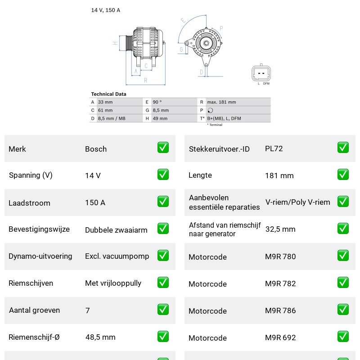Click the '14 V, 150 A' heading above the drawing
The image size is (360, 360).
[x=106, y=10]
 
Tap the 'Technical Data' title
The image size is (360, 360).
[x=108, y=94]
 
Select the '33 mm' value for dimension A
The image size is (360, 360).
[x=105, y=102]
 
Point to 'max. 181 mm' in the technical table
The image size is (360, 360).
[x=221, y=102]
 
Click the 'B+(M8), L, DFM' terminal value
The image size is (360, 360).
[x=224, y=118]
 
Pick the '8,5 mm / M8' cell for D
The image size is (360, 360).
[x=112, y=118]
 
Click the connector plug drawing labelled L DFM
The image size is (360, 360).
[x=261, y=73]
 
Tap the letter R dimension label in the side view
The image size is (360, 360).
[x=145, y=81]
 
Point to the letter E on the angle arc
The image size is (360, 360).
[x=183, y=20]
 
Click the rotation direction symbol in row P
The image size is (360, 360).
[x=210, y=110]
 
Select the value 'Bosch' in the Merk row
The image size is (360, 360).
[x=96, y=149]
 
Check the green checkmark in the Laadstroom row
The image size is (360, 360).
[x=163, y=201]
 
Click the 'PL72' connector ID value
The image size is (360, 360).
[x=274, y=148]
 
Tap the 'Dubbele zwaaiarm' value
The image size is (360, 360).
[x=116, y=230]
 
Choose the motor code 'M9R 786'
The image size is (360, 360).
[x=280, y=310]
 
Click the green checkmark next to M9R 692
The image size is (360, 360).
[x=343, y=337]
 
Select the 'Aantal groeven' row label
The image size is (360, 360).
[x=35, y=310]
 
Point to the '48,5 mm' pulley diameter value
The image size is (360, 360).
[x=100, y=337]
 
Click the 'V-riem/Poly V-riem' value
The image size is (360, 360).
[x=298, y=202]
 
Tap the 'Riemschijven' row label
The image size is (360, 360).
[x=31, y=283]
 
